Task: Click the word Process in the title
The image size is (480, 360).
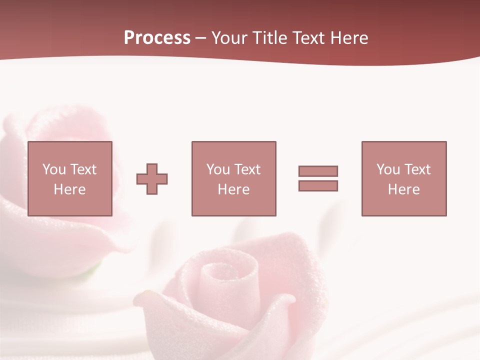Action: [157, 38]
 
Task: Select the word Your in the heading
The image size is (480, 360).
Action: [229, 38]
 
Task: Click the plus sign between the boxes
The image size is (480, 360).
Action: [152, 179]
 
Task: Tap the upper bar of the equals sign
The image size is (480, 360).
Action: [318, 171]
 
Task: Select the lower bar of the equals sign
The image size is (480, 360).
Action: [318, 186]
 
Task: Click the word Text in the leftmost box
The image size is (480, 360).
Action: [83, 169]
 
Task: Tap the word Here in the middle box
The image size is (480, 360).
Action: [233, 189]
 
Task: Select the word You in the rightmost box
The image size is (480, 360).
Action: [388, 169]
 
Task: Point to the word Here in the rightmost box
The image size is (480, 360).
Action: [403, 189]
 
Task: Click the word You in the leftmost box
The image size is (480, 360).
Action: [54, 169]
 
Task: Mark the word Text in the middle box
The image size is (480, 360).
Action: [247, 169]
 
